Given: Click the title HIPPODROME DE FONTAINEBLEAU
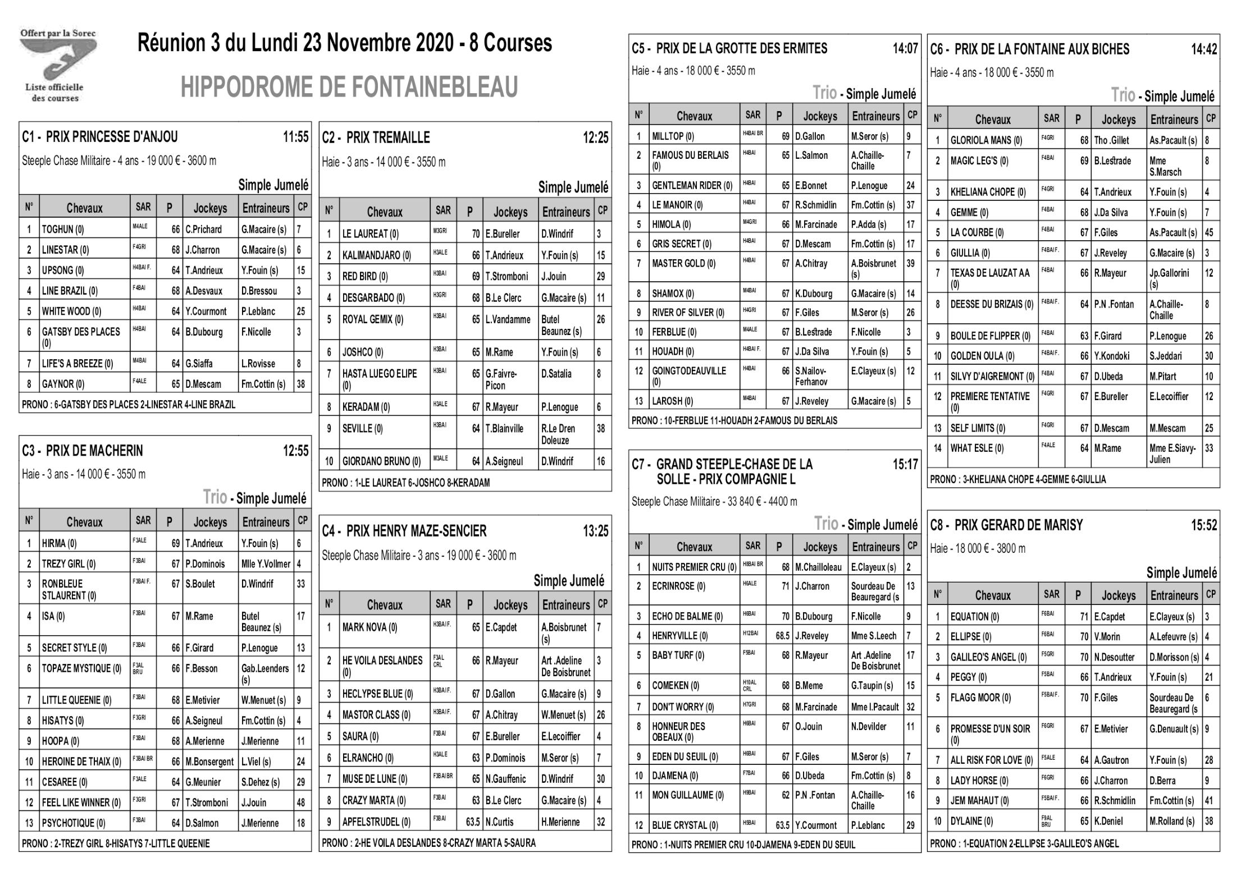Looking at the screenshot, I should (x=349, y=87).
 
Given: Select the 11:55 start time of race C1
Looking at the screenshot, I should (x=295, y=137).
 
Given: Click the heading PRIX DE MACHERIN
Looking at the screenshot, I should (x=94, y=451).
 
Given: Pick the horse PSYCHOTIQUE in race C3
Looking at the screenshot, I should (x=73, y=823).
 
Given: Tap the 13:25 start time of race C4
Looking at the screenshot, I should (x=595, y=531).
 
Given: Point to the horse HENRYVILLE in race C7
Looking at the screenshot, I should (x=679, y=636).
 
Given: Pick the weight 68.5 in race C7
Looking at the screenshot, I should (x=782, y=636).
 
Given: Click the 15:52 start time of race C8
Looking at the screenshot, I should (x=1204, y=525).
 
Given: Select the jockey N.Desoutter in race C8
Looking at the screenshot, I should (x=1114, y=657).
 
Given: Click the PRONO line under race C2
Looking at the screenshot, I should (x=405, y=483).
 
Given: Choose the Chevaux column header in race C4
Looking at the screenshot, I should (x=385, y=605).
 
